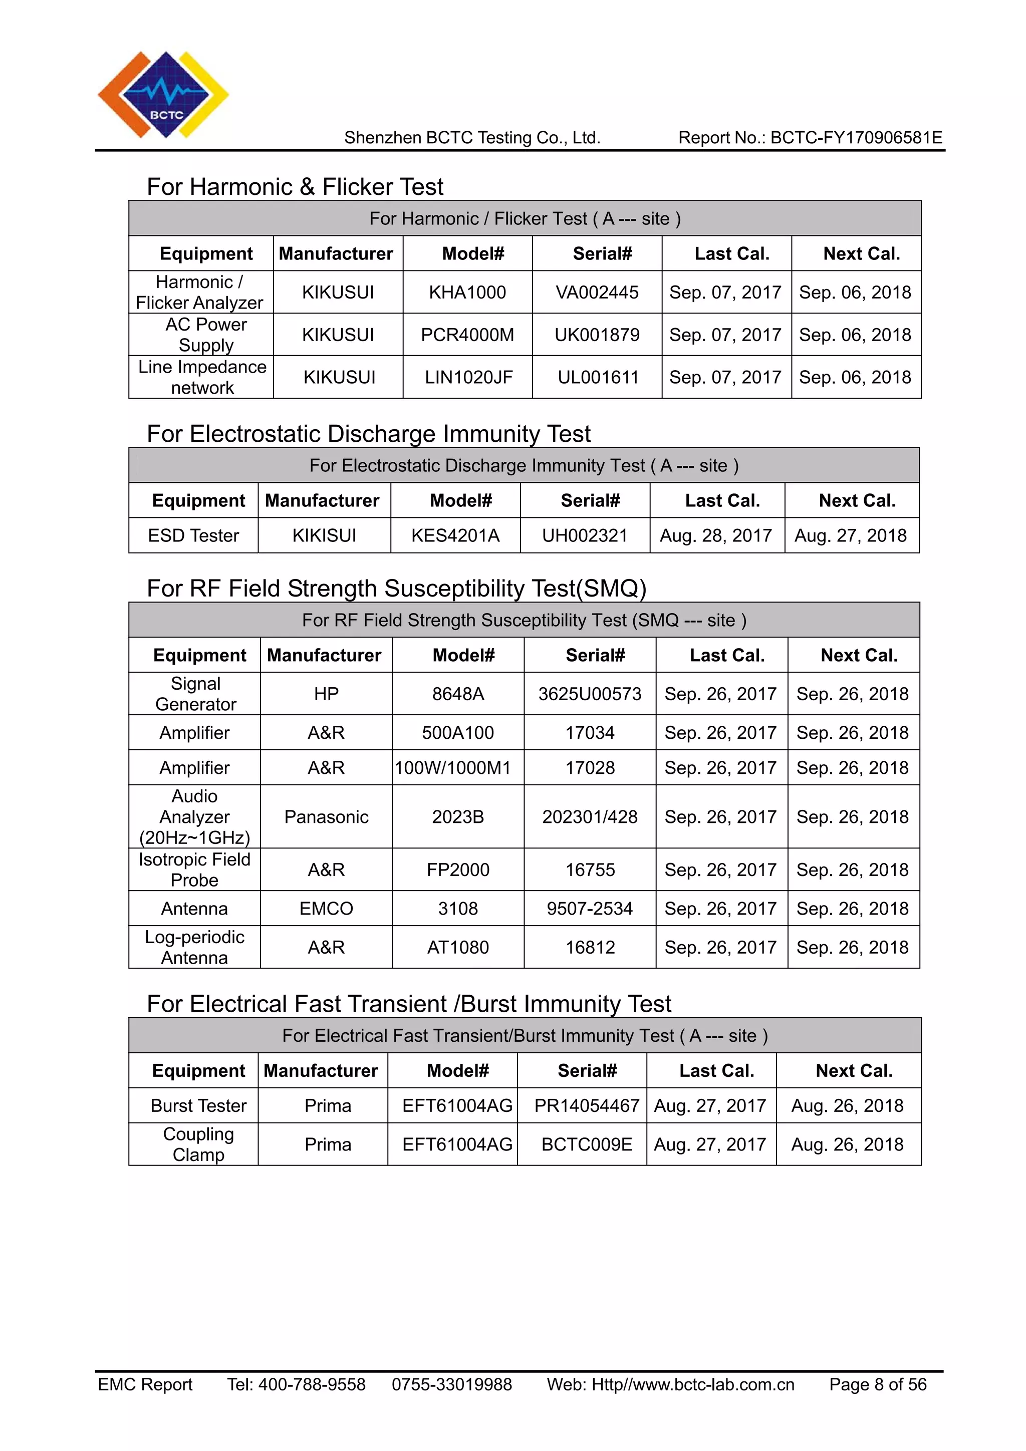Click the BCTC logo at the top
click(x=163, y=95)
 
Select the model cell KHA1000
click(x=467, y=292)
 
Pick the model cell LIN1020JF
click(x=468, y=377)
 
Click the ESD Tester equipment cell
click(x=193, y=535)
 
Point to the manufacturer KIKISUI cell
click(x=324, y=535)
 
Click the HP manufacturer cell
click(x=326, y=694)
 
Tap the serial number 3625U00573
click(x=590, y=694)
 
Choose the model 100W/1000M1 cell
click(x=452, y=767)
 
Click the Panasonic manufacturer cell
click(x=326, y=816)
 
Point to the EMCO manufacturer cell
click(x=326, y=908)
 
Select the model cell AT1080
click(x=458, y=947)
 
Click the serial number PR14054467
click(x=587, y=1105)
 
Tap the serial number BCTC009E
click(x=587, y=1144)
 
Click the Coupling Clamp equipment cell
click(x=198, y=1144)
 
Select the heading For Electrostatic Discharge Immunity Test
click(x=369, y=434)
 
